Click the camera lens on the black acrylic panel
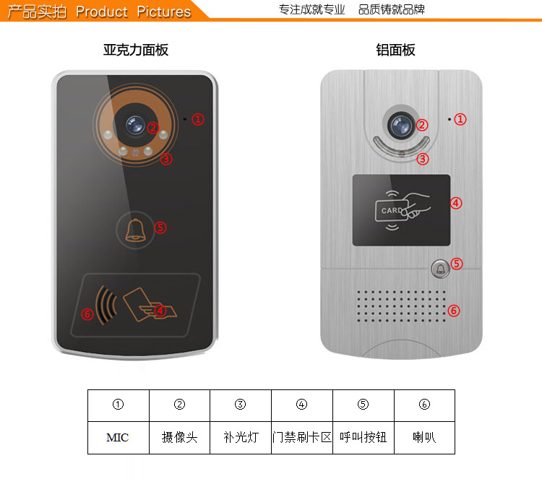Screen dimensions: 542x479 coord(135,125)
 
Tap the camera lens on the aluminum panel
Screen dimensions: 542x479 coord(401,125)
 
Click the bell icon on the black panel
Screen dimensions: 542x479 coord(135,230)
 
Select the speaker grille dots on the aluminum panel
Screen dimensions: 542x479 coord(401,306)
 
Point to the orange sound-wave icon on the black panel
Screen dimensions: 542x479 coord(106,305)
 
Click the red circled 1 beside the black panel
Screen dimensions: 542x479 coord(198,119)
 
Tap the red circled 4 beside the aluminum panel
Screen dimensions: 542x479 coord(456,203)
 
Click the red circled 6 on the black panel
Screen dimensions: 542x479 coord(87,314)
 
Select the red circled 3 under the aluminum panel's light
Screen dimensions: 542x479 coord(423,159)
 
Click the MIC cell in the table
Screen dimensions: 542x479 coord(119,438)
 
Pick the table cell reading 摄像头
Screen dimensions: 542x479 coord(179,438)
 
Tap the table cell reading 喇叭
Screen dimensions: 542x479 coord(424,438)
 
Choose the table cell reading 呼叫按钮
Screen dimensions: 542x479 coord(364,438)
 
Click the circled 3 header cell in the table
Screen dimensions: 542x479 coord(241,405)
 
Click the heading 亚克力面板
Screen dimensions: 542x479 coord(136,50)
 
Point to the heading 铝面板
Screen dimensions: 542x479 coord(396,50)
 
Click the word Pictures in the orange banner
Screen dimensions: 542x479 coord(164,12)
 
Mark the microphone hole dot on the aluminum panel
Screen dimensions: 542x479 coord(449,119)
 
